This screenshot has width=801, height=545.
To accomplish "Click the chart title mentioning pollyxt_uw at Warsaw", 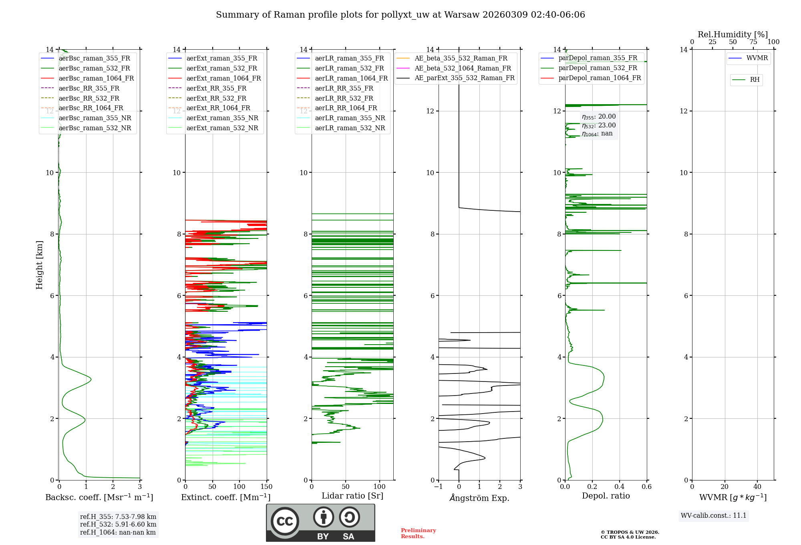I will (x=400, y=15).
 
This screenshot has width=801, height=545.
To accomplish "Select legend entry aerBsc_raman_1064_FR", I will (x=96, y=78).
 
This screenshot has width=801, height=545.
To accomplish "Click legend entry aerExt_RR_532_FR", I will (x=216, y=98).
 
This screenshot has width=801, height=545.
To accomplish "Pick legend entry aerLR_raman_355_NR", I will (x=350, y=118).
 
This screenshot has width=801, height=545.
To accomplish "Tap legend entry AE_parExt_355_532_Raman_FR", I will (x=464, y=78).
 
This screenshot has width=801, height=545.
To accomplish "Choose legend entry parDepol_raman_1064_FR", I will (x=600, y=78).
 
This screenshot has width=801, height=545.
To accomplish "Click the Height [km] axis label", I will (x=39, y=265).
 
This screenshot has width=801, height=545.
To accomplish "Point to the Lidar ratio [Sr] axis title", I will (x=352, y=496).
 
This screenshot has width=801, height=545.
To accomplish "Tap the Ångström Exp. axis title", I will (x=479, y=498).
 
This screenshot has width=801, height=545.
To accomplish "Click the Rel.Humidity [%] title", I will (x=733, y=34).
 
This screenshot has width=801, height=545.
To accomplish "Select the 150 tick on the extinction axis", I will (x=266, y=487).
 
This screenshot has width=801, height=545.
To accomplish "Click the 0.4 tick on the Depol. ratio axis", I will (x=620, y=487).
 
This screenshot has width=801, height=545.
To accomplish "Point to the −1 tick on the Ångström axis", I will (x=439, y=487).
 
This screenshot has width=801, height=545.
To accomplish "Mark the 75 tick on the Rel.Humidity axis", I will (x=753, y=42).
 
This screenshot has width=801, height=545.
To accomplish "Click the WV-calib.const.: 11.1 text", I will (x=714, y=515).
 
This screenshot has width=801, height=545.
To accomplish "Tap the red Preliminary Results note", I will (x=418, y=533).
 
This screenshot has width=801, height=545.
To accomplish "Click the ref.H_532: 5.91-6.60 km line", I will (x=118, y=524).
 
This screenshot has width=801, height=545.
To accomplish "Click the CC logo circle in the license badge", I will (x=285, y=521).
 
